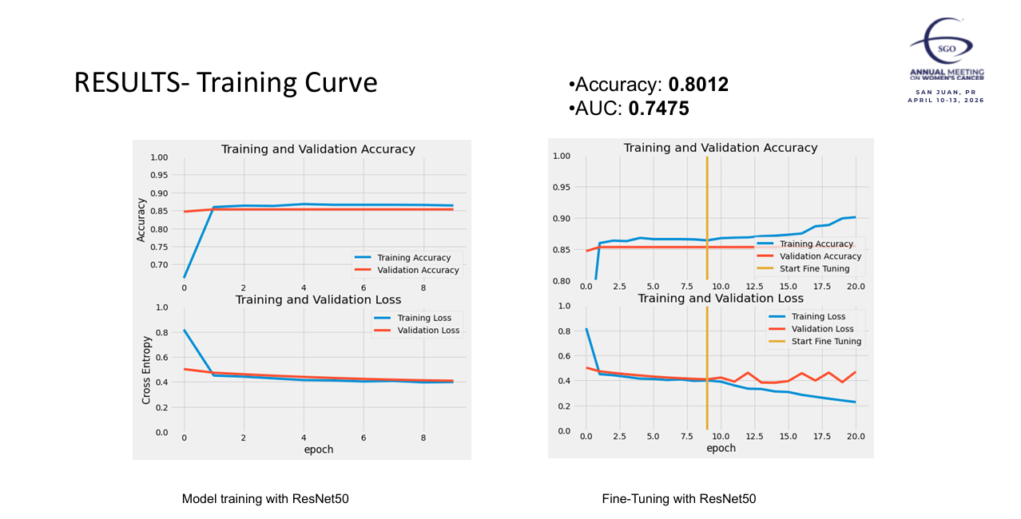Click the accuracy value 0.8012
point(698,85)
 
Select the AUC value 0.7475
point(658,109)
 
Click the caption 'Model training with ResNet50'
point(265,499)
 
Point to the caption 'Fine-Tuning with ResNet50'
point(678,499)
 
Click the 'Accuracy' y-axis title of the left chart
point(141,220)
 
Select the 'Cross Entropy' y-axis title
point(146,369)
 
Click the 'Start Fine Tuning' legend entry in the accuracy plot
point(814,269)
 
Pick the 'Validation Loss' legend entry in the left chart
point(428,330)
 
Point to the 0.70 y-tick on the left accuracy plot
point(159,264)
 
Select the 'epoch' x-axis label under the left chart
point(319,450)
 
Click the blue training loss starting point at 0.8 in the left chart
point(185,330)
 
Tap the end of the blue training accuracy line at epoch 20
point(855,217)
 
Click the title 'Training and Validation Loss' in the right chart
point(721,298)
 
